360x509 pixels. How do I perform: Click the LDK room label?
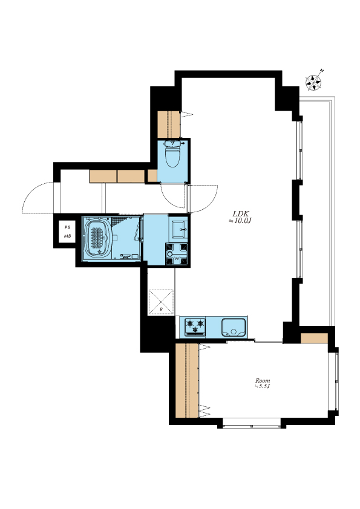pos(241,213)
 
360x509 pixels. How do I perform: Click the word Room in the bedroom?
pos(263,380)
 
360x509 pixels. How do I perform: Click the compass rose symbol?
pos(313,82)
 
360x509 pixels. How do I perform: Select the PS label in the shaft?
pos(67,227)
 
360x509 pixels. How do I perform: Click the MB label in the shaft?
pos(67,236)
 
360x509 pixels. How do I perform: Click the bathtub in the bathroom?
pos(97,238)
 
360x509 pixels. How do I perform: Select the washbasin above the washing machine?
pos(178,229)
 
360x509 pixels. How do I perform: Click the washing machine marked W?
pos(177,254)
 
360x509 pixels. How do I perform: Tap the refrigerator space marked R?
pos(161,302)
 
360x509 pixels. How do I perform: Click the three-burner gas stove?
pos(195,326)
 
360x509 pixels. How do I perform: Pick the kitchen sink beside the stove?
pos(234,327)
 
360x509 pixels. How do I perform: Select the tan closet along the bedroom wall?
pos(187,380)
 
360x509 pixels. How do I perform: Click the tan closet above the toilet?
pos(169,125)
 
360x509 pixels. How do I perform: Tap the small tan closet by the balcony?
pos(314,338)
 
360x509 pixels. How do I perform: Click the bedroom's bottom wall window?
pos(252,423)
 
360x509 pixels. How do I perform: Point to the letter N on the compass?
pos(322,71)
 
